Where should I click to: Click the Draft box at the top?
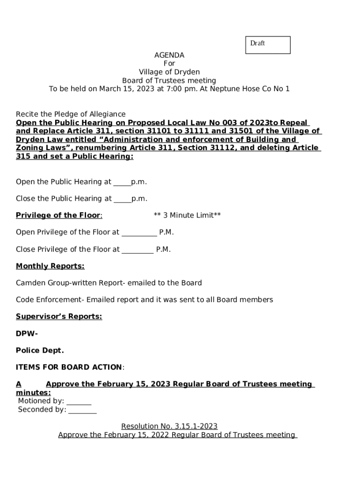(268, 45)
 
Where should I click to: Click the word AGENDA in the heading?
(169, 55)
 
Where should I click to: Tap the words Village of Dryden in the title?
(169, 72)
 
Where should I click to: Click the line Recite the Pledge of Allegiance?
(71, 114)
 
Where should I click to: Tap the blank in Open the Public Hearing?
(122, 182)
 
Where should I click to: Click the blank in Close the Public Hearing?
(122, 199)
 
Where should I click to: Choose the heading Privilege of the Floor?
(58, 215)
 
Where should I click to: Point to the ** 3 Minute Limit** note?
(187, 215)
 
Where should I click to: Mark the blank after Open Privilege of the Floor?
(139, 232)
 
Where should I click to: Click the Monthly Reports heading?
(50, 266)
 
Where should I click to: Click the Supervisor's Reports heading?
(59, 317)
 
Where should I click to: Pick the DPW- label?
(27, 334)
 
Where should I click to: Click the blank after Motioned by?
(79, 401)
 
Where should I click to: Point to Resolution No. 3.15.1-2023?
(169, 427)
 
